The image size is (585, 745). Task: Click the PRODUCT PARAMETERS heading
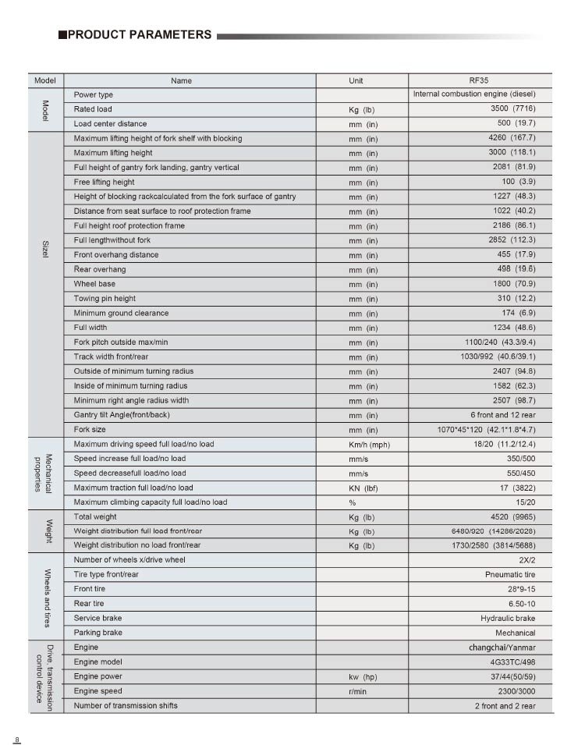point(139,34)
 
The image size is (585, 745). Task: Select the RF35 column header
point(479,80)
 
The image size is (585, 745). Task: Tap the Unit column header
point(356,80)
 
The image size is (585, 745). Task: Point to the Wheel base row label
point(95,284)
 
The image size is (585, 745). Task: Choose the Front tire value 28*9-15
point(521,589)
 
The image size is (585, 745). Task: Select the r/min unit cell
point(358,691)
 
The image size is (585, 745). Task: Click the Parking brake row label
point(98,633)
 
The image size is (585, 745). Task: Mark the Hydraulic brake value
point(508,618)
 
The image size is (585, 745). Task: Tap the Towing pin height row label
point(105,299)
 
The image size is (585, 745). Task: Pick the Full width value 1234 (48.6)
point(514,328)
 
